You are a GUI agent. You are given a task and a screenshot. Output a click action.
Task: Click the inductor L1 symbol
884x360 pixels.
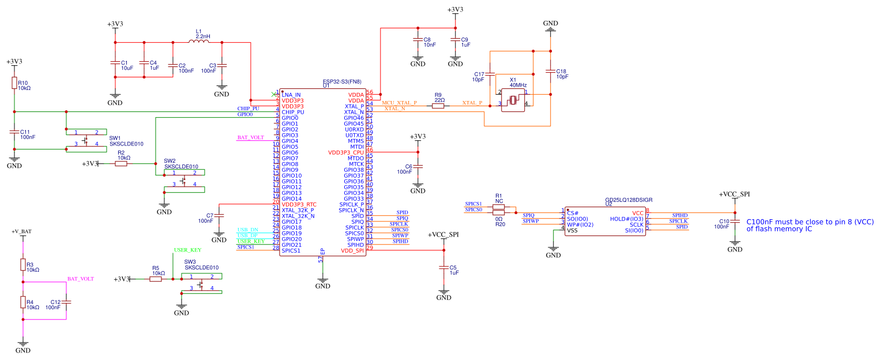[x=199, y=42]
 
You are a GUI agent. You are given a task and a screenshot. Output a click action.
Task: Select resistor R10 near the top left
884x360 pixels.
[x=14, y=84]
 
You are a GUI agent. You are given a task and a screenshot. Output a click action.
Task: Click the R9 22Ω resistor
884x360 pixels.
[x=438, y=106]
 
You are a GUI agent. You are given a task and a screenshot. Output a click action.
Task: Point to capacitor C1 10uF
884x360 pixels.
[x=115, y=65]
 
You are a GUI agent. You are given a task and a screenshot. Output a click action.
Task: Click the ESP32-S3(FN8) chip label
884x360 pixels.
[x=343, y=81]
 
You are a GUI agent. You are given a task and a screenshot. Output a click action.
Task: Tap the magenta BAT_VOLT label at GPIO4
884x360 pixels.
[x=251, y=138]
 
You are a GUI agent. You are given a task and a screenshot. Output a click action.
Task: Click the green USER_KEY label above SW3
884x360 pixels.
[x=188, y=250]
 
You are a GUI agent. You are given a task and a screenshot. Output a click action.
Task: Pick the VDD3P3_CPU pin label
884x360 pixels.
[x=346, y=152]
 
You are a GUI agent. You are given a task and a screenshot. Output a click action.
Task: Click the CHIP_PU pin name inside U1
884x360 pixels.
[x=293, y=112]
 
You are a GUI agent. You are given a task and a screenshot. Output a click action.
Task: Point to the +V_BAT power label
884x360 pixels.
[x=22, y=231]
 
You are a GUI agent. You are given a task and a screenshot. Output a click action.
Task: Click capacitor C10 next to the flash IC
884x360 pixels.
[x=735, y=223]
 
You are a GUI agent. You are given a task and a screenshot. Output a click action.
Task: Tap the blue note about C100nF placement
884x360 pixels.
[x=810, y=225]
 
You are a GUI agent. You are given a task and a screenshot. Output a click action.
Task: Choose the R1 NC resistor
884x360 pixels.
[x=499, y=207]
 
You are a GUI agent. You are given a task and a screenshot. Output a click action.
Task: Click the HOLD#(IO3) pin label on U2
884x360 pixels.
[x=626, y=219]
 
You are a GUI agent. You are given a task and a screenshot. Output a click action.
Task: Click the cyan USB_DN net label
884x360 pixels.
[x=248, y=230]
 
